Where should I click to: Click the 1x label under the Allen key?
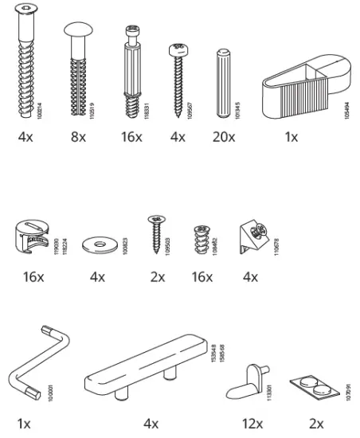click(25, 421)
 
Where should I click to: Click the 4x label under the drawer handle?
click(151, 421)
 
